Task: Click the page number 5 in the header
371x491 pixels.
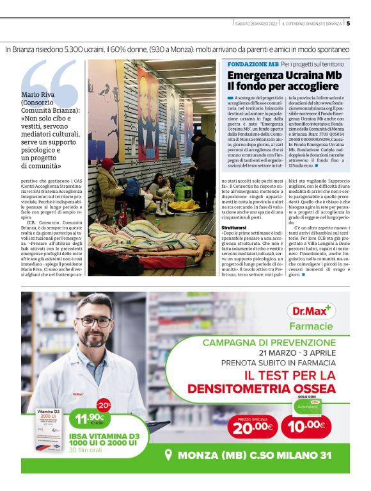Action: coord(349,24)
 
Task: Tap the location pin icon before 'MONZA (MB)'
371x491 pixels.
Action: coord(169,455)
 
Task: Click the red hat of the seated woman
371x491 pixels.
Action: coord(107,163)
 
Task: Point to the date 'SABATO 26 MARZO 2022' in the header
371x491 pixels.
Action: coord(257,24)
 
